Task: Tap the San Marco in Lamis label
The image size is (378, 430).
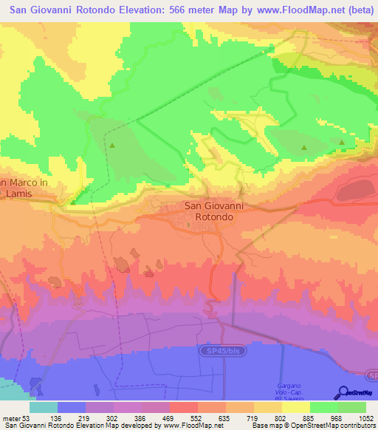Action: pos(23,187)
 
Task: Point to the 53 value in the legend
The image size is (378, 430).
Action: pos(30,417)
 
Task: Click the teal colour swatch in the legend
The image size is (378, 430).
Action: pos(44,407)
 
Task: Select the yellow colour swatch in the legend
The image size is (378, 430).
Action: pos(267,407)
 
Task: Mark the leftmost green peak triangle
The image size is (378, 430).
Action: pos(112,145)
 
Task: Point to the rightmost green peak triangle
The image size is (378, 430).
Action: pos(342,142)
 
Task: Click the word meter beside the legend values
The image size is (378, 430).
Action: pos(13,417)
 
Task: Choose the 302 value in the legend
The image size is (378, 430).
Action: pos(112,417)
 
